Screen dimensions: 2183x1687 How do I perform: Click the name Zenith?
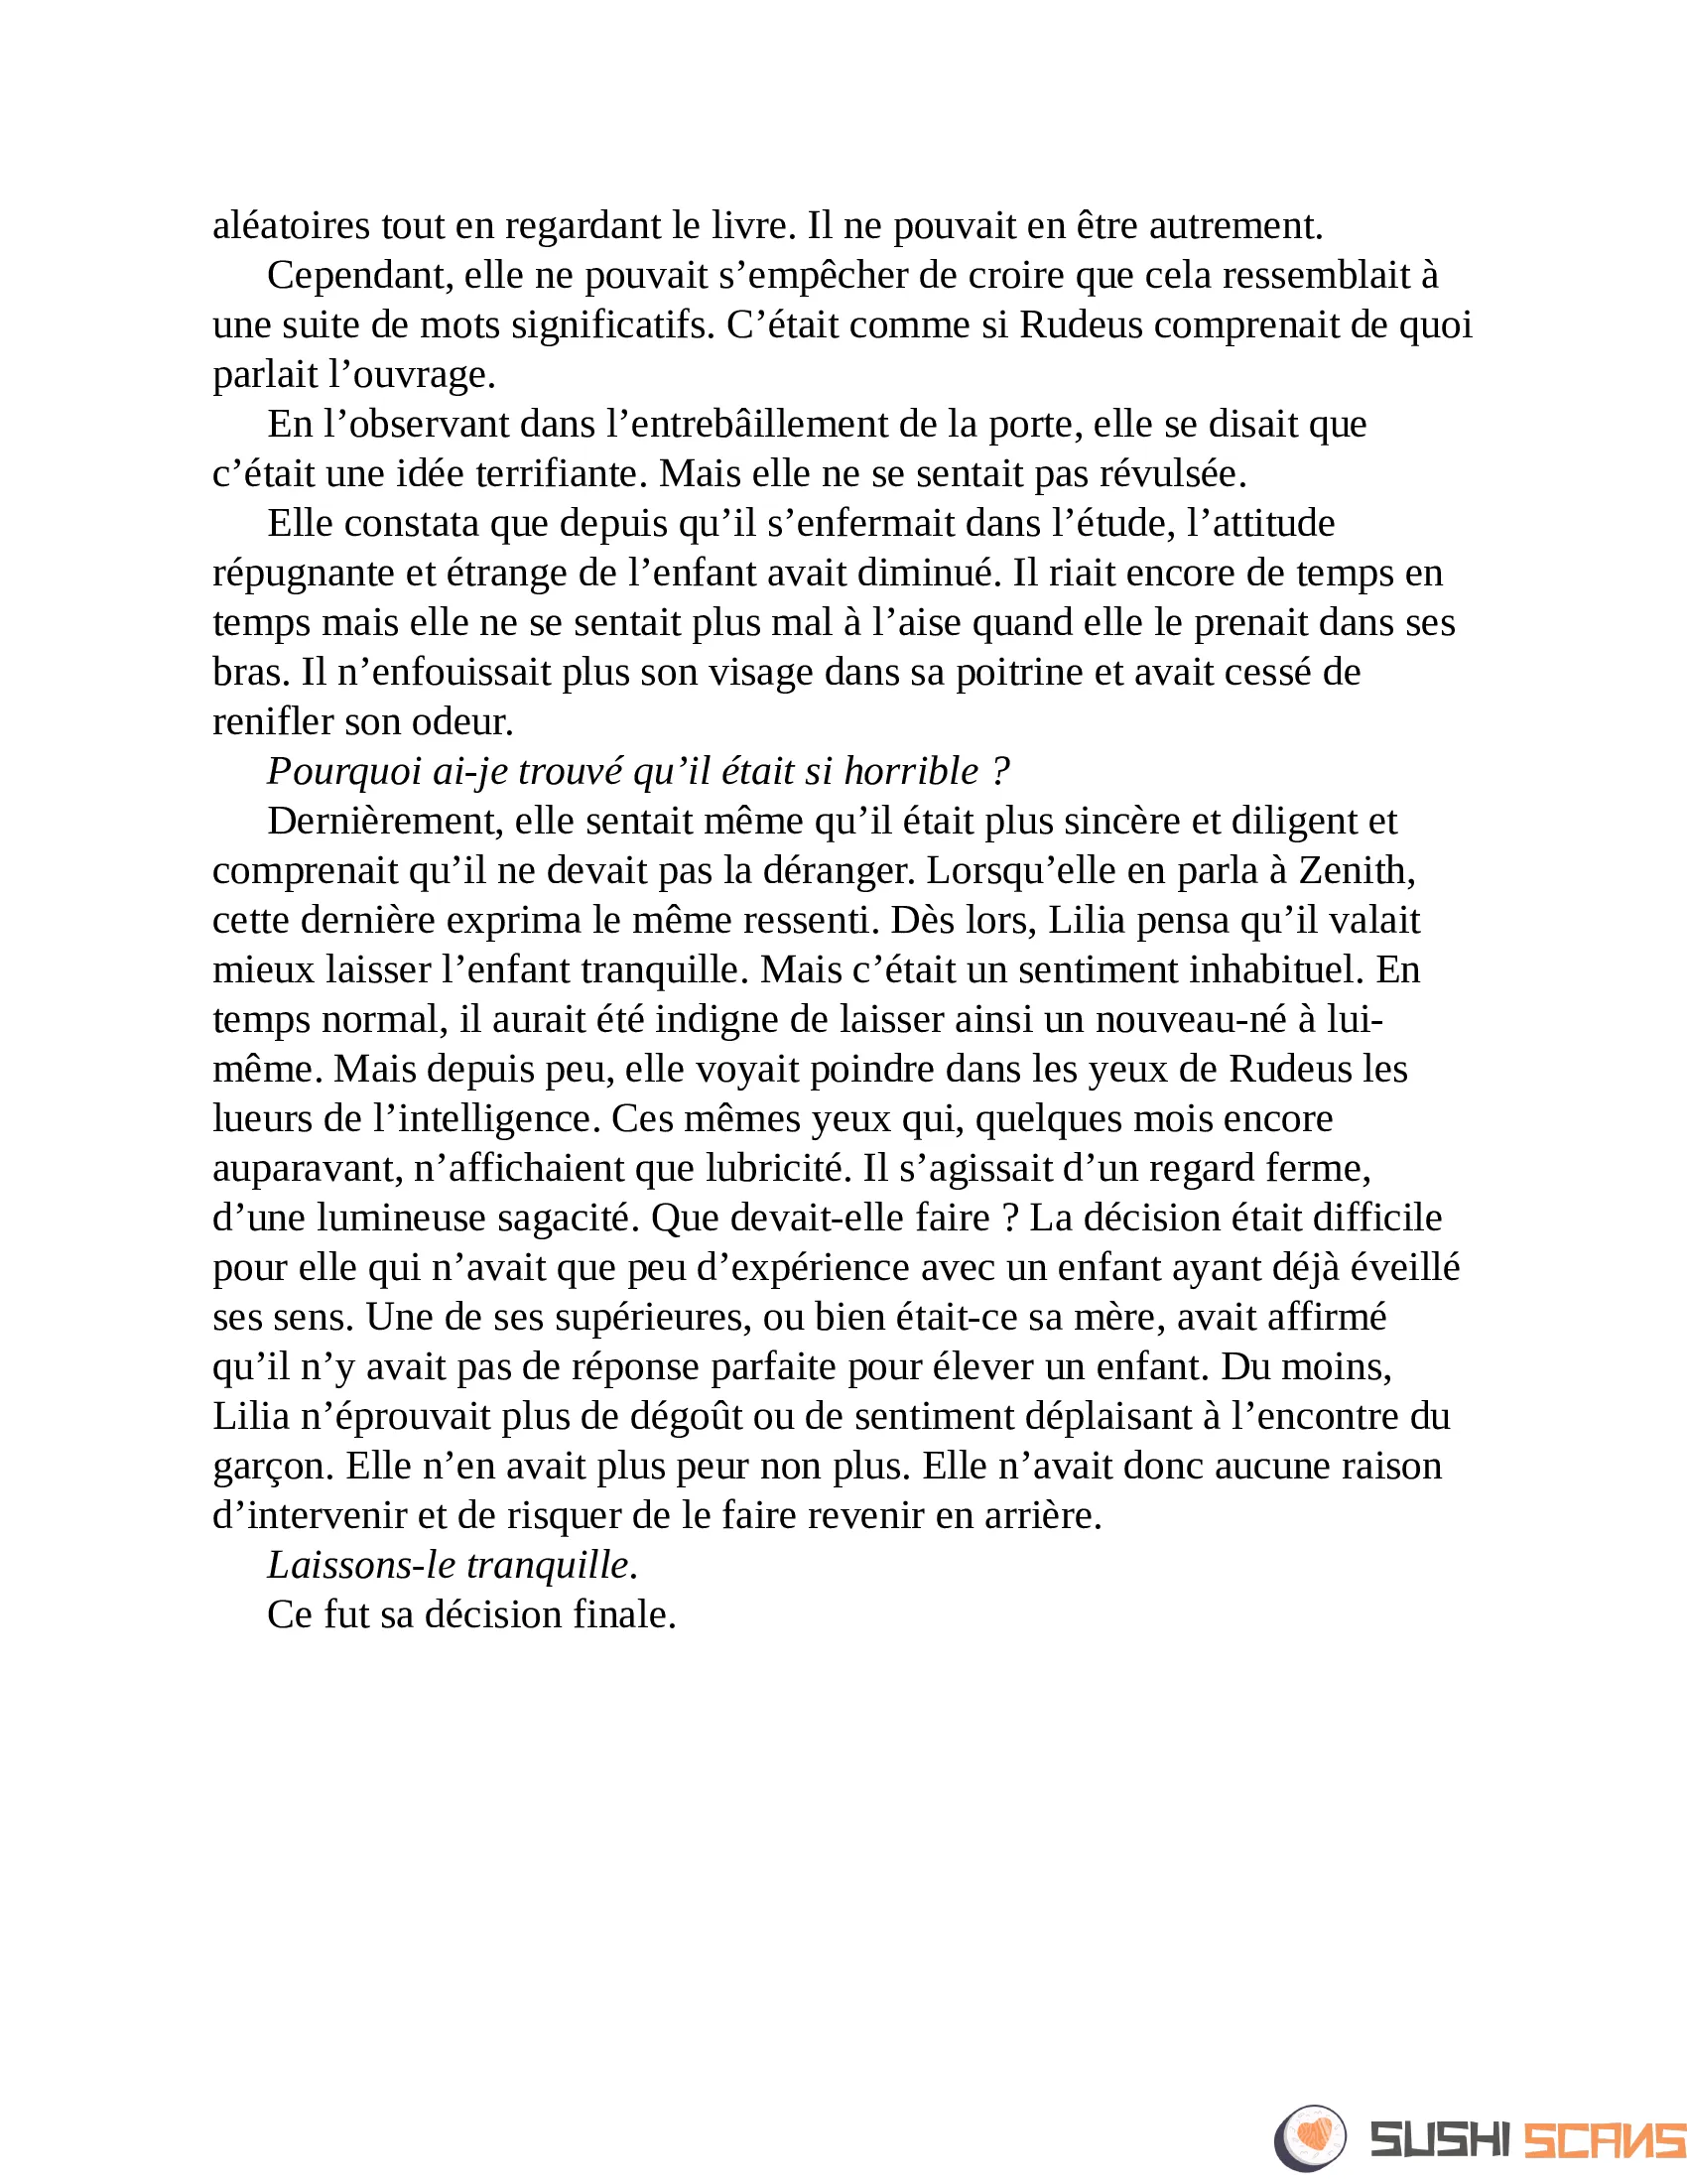1357,870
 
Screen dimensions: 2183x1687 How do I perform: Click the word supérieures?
653,1318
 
